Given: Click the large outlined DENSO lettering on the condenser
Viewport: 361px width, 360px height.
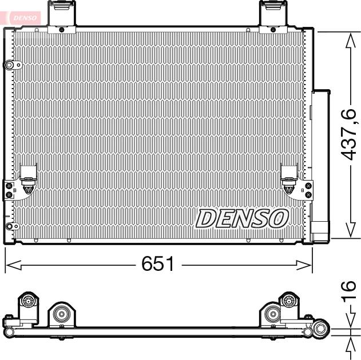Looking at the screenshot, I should (242, 218).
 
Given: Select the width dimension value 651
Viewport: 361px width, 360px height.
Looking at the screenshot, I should (157, 265).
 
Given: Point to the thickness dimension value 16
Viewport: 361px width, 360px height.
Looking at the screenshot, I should (350, 293).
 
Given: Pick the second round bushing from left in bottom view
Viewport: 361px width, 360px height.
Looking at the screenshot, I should (61, 313).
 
